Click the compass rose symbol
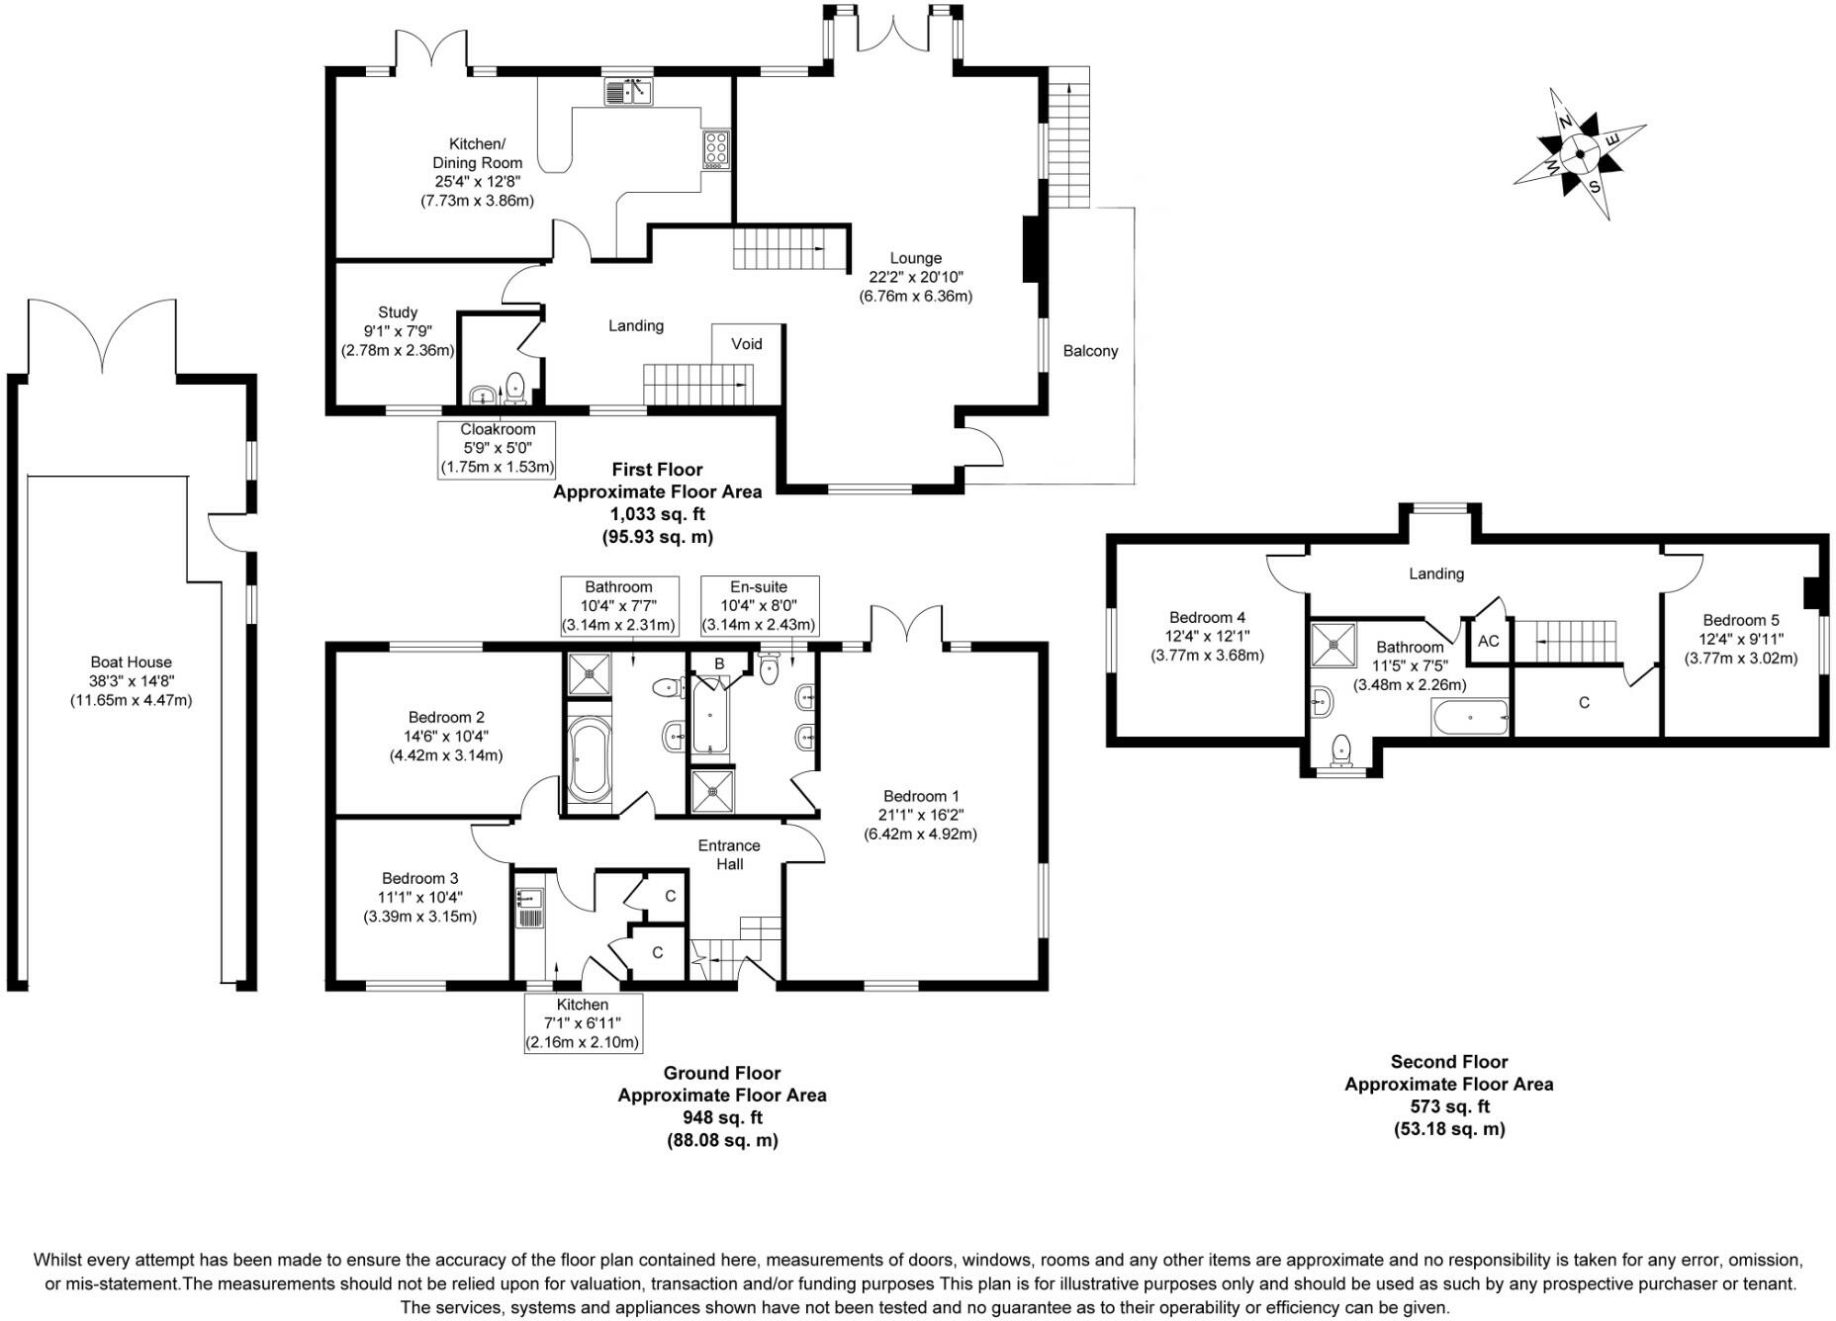(1580, 153)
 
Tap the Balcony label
(1090, 351)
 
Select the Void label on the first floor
(747, 344)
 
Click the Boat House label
(131, 662)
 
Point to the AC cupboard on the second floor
(1488, 641)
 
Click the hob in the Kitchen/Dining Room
(715, 148)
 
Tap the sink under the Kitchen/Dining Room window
(628, 93)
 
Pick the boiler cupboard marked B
(719, 663)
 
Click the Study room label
(398, 312)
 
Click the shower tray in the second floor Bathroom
(1332, 645)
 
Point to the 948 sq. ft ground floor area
(722, 1117)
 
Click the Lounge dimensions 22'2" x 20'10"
(916, 277)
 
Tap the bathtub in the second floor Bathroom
(1470, 717)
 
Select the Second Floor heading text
(1448, 1062)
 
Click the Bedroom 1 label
(920, 796)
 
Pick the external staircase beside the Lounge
(1068, 138)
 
